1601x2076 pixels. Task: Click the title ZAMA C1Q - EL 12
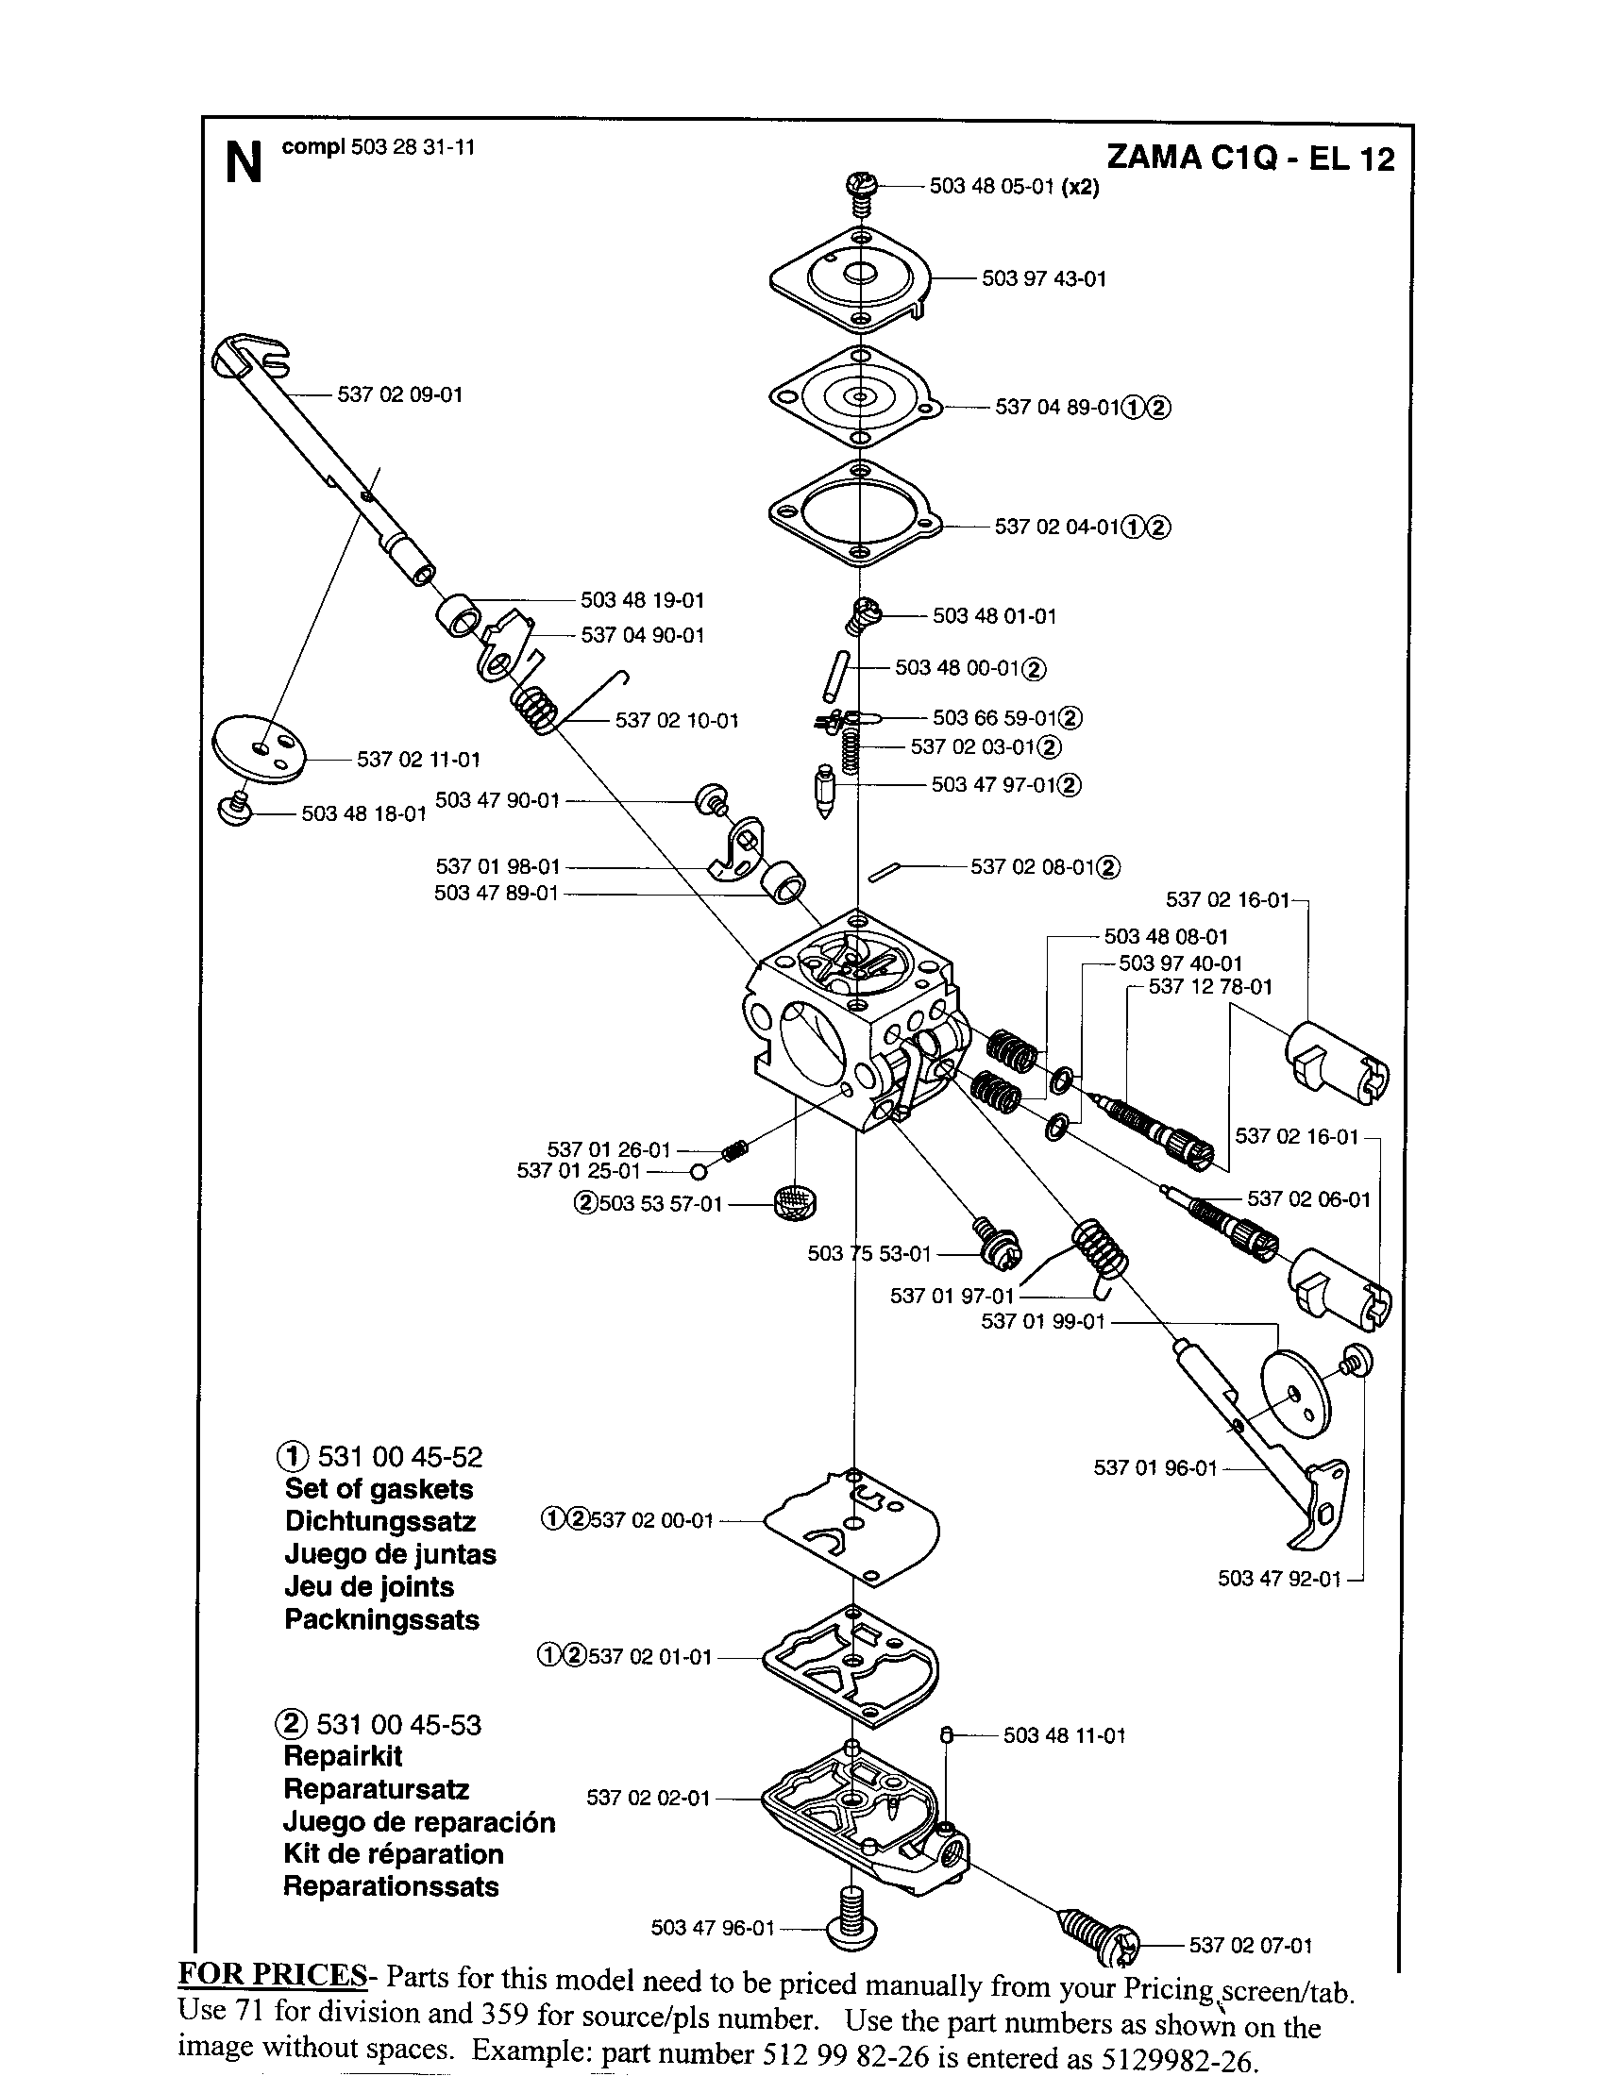(x=1250, y=157)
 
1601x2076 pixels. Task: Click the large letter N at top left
(x=243, y=163)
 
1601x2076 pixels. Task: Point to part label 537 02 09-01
(x=399, y=394)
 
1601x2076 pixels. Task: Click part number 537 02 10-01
(x=676, y=721)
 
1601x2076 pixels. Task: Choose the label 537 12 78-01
(x=1209, y=987)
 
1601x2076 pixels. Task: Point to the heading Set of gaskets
(x=379, y=1488)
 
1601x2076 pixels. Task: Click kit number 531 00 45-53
(x=398, y=1724)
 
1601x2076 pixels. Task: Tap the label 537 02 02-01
(x=648, y=1798)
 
